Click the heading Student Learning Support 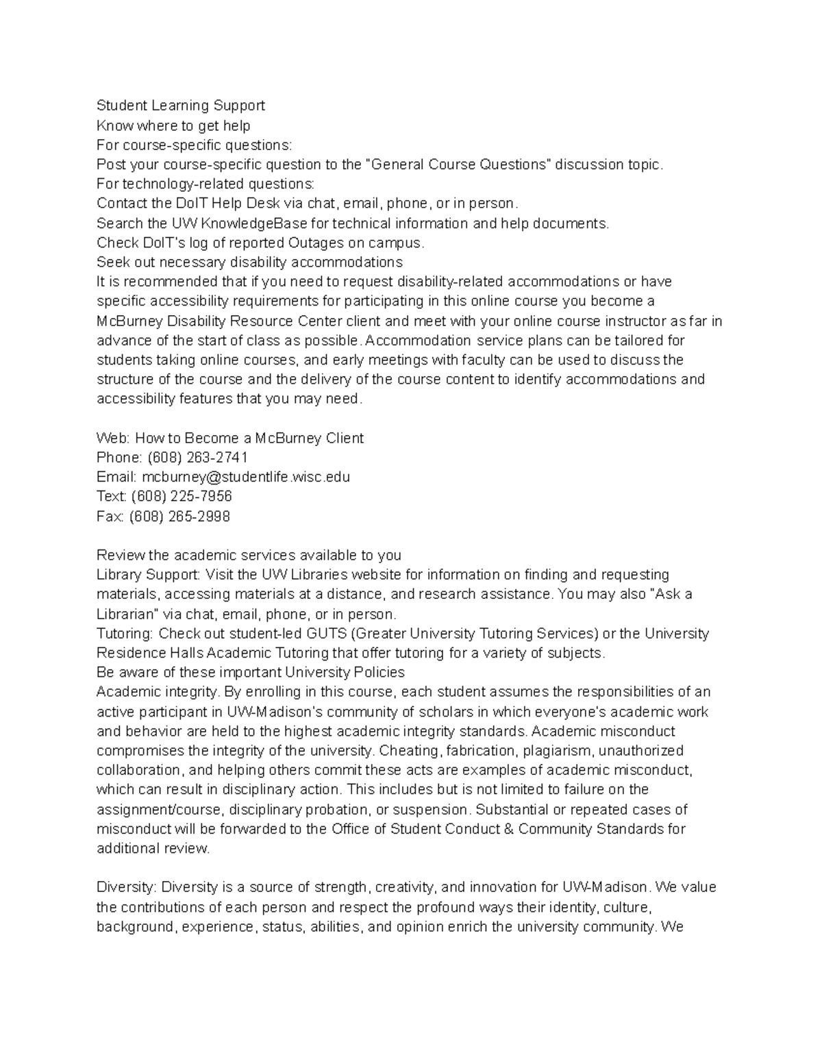click(180, 106)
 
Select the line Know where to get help click(173, 125)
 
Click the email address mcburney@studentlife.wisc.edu click(245, 477)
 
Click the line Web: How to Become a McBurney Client click(229, 438)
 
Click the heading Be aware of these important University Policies click(250, 672)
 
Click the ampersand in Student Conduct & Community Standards click(508, 829)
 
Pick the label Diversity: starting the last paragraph click(127, 887)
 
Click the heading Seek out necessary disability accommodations click(249, 262)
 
